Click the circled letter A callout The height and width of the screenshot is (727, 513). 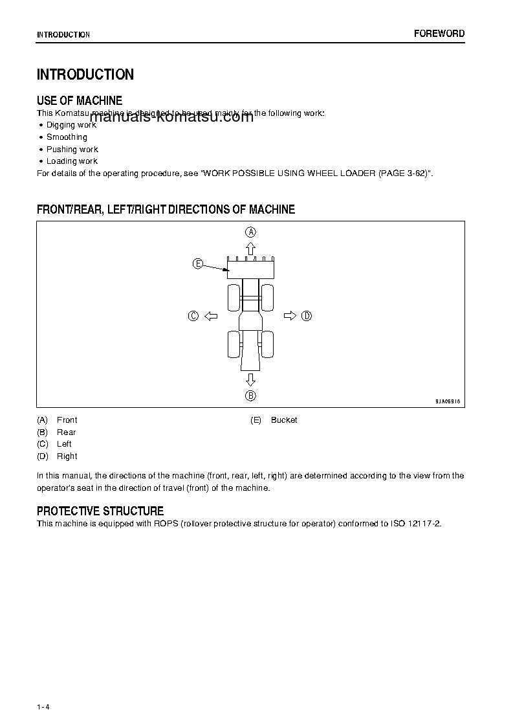point(250,232)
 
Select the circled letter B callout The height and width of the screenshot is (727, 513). point(250,396)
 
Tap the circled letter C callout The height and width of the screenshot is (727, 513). point(193,316)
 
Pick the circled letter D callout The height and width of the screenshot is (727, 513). point(307,316)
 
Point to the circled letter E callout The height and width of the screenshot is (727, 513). point(198,263)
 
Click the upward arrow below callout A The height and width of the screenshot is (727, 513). point(250,248)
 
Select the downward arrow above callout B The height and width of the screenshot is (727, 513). point(250,379)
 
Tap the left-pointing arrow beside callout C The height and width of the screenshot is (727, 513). point(210,316)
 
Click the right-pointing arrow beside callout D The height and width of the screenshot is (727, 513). point(290,316)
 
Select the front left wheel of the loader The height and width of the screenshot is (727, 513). point(234,297)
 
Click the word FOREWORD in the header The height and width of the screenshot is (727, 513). point(439,34)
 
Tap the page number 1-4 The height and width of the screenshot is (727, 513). point(43,706)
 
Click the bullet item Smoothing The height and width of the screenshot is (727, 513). point(67,137)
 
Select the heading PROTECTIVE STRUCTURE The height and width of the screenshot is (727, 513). point(100,511)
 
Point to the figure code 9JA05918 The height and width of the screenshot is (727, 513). point(447,401)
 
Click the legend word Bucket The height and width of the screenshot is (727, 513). point(284,420)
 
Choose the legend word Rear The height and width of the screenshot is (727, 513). point(66,432)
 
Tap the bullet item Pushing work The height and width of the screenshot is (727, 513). point(72,150)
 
